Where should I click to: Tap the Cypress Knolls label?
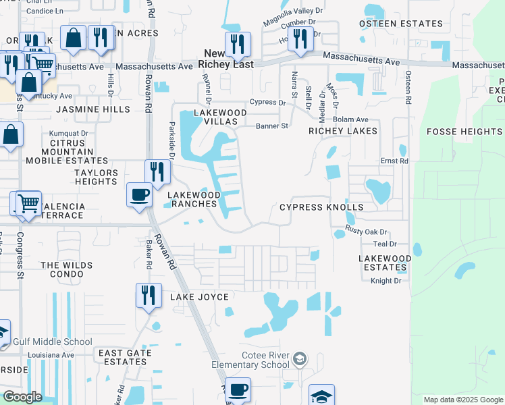pos(321,207)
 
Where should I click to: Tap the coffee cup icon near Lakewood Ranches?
pos(140,196)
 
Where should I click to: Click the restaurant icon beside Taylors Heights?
pos(157,171)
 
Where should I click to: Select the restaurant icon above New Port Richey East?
pos(238,44)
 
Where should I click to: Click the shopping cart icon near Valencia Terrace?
pos(28,202)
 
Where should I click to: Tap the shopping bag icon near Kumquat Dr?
pos(12,134)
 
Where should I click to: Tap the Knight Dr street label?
pos(386,281)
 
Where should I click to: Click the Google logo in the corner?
pos(22,397)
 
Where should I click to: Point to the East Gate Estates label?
pos(122,357)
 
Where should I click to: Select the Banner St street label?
pos(271,126)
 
